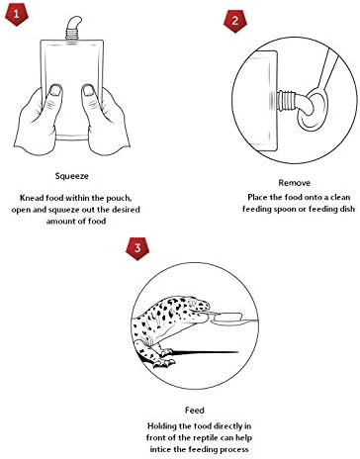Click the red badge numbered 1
click(17, 14)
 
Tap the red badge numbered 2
click(235, 21)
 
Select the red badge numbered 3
click(137, 248)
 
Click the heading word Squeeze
click(72, 176)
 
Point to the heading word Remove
click(295, 183)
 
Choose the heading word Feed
click(195, 411)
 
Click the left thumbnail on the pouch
click(55, 90)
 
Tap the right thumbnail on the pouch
click(88, 90)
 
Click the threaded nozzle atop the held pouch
click(72, 33)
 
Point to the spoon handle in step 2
click(328, 68)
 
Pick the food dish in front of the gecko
click(228, 319)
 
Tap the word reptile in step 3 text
click(205, 438)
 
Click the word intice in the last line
click(160, 449)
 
